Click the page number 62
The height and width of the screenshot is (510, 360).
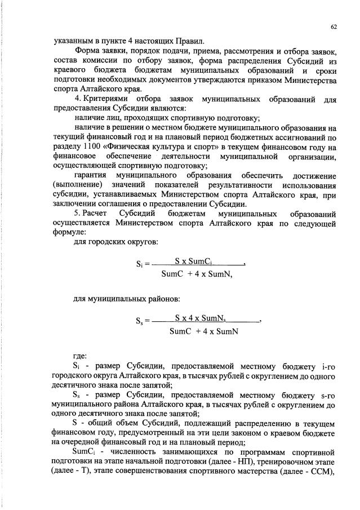point(334,26)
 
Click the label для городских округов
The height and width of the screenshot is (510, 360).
point(115,242)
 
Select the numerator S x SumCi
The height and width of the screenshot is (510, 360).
point(192,261)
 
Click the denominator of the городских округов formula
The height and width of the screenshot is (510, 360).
point(197,274)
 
